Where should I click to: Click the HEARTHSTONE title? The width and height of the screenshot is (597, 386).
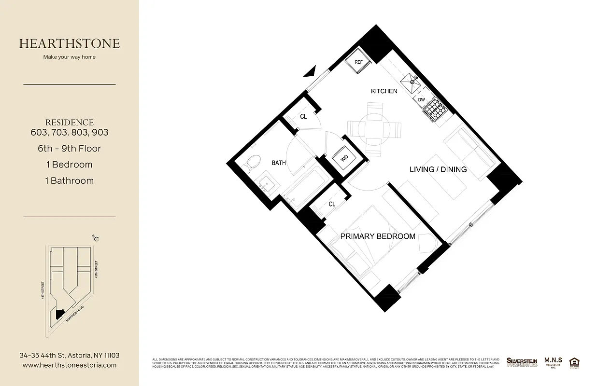tap(70, 43)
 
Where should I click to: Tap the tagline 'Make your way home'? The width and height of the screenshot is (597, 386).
tap(70, 57)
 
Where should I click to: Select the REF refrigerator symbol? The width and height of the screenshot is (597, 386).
tap(359, 62)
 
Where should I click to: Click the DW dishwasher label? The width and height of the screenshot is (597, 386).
tap(421, 100)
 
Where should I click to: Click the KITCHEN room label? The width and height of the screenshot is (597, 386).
tap(384, 91)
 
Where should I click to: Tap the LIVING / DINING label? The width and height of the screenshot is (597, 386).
tap(438, 169)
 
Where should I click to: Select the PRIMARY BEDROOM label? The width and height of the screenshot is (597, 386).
tap(378, 236)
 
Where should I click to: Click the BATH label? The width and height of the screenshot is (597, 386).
tap(279, 163)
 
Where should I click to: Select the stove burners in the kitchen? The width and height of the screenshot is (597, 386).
tap(436, 109)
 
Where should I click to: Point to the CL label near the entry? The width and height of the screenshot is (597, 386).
tap(303, 116)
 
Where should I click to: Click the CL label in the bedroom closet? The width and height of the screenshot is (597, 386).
tap(332, 204)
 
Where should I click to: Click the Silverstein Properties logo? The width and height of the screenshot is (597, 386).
tap(522, 362)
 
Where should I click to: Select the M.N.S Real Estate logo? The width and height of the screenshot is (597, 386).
tap(553, 362)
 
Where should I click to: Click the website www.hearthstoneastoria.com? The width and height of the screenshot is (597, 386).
tap(70, 365)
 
